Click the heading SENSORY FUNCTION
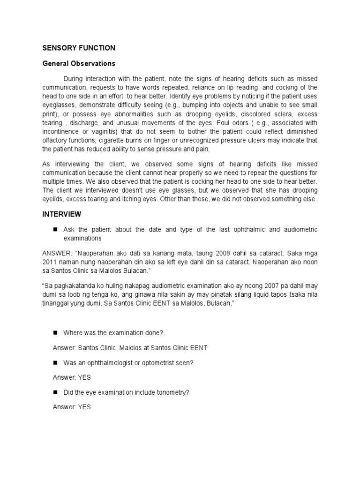click(x=79, y=48)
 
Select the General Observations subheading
click(x=79, y=63)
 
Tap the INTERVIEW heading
click(x=61, y=214)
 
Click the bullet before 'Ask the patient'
click(x=55, y=230)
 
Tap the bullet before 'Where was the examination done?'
click(x=55, y=332)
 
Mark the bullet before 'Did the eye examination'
click(x=55, y=392)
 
